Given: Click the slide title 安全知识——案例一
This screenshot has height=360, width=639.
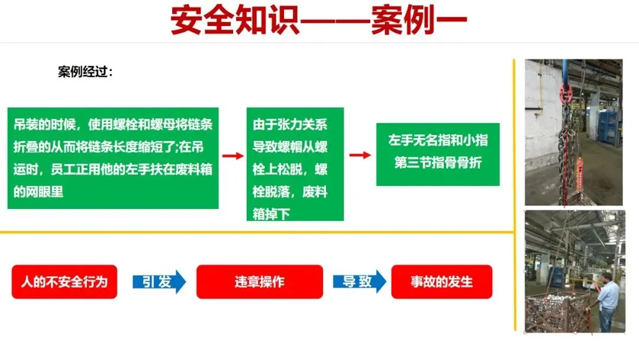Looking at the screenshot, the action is coord(319,21).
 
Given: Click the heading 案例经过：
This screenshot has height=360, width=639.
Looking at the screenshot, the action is coord(86,72).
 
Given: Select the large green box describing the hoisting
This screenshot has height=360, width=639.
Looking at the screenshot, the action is coord(113,158).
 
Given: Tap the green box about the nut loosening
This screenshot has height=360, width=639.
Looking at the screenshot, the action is coord(295,164).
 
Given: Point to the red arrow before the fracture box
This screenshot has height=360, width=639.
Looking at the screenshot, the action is coord(360,155).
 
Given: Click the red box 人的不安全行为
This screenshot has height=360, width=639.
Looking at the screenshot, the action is coord(64,282).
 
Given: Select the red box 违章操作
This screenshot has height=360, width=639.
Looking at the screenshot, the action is coord(259,282).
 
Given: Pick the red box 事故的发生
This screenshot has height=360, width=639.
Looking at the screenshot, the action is coord(441,282).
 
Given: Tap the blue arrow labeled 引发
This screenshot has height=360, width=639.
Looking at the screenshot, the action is coord(159,282).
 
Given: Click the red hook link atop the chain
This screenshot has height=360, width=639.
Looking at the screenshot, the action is coord(565,92).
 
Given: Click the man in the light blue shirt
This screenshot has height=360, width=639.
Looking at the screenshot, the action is coord(607,302).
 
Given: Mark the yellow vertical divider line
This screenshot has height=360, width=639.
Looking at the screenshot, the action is coord(515,195).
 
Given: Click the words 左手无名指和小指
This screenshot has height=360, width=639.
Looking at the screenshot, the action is coord(438,141).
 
